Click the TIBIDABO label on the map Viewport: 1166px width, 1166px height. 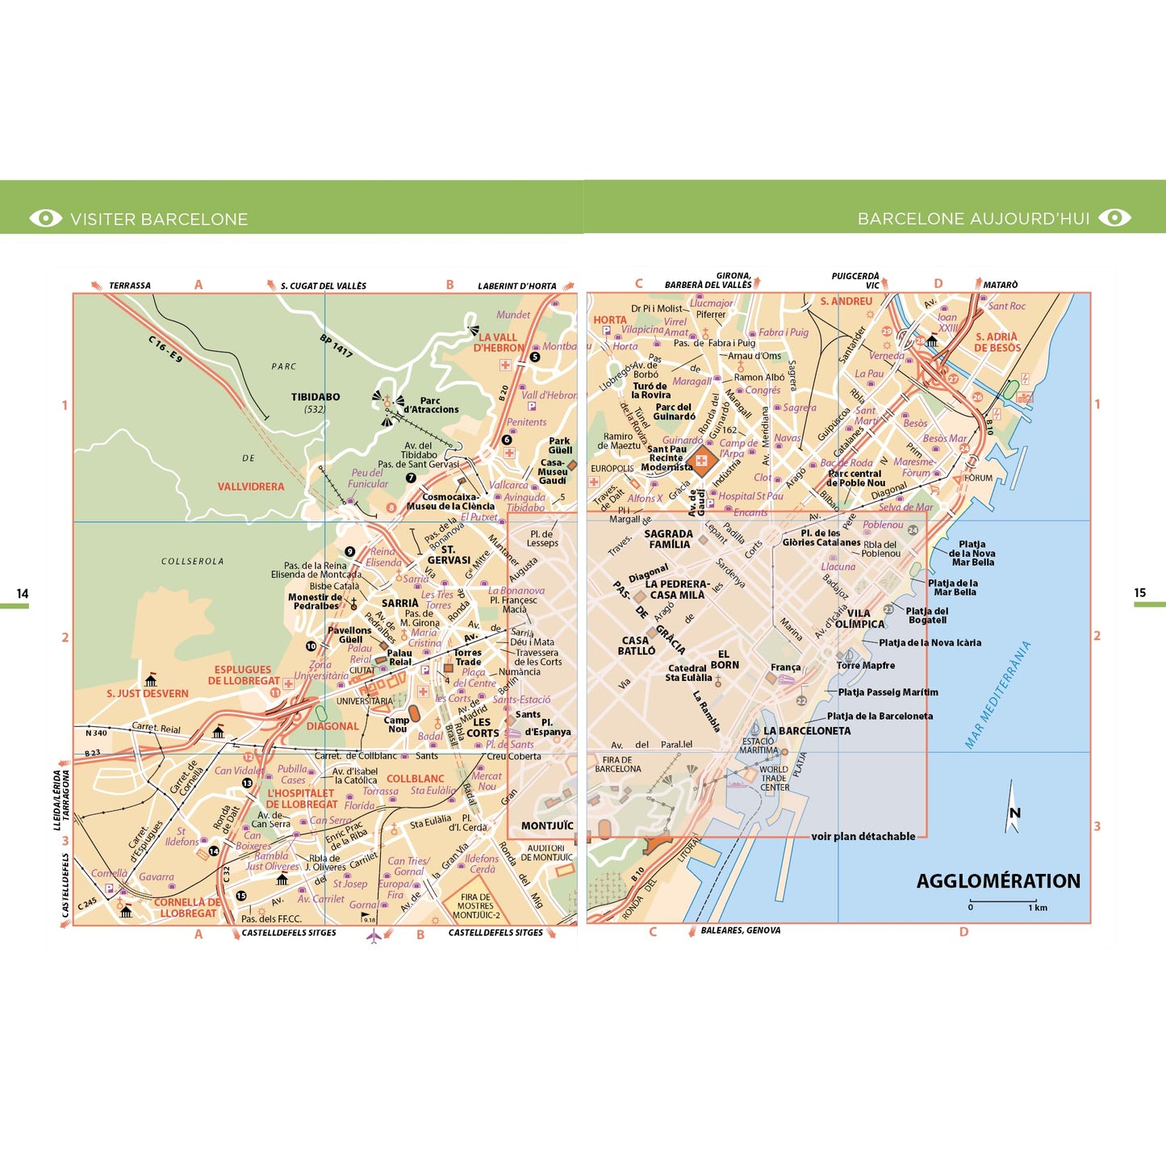pyautogui.click(x=316, y=397)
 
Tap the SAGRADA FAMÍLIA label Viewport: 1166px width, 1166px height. pyautogui.click(x=668, y=539)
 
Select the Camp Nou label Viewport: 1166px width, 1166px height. pyautogui.click(x=396, y=725)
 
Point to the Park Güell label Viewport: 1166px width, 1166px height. pyautogui.click(x=560, y=445)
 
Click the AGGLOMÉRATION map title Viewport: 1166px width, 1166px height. pyautogui.click(x=998, y=881)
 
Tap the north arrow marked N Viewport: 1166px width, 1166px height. pyautogui.click(x=1013, y=809)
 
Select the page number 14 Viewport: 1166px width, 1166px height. pyautogui.click(x=23, y=594)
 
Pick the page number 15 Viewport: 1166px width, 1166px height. pyautogui.click(x=1139, y=593)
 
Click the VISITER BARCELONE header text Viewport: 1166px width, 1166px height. pyautogui.click(x=159, y=219)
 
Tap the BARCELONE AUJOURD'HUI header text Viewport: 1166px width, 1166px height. pyautogui.click(x=973, y=219)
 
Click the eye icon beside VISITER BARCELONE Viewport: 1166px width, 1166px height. pyautogui.click(x=45, y=219)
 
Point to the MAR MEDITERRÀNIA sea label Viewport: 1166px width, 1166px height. pyautogui.click(x=998, y=695)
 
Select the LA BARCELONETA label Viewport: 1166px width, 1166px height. pyautogui.click(x=807, y=731)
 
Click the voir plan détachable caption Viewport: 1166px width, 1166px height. pyautogui.click(x=863, y=837)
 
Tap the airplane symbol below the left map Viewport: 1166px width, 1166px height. pyautogui.click(x=374, y=936)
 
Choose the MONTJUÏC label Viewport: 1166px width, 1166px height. pyautogui.click(x=547, y=825)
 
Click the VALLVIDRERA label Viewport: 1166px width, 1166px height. pyautogui.click(x=251, y=487)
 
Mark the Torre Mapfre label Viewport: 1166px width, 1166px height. pyautogui.click(x=865, y=666)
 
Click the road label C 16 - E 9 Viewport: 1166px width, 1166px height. pyautogui.click(x=165, y=349)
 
